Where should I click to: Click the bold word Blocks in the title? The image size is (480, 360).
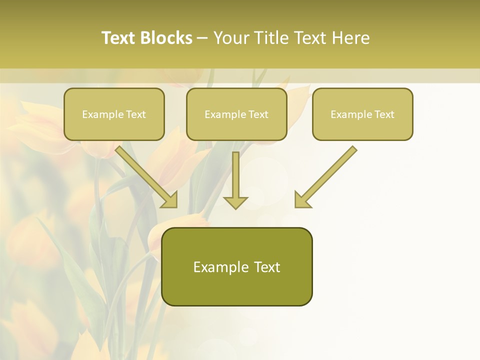(166, 38)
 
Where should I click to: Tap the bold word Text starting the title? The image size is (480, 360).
(119, 38)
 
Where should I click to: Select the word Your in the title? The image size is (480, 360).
(230, 38)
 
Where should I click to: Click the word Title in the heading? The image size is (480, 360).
(270, 38)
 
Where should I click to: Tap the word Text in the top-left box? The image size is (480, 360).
(136, 114)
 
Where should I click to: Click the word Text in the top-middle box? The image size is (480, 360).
(258, 114)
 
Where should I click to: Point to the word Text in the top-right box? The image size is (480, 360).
(384, 114)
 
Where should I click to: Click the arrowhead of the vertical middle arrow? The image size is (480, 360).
(235, 202)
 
